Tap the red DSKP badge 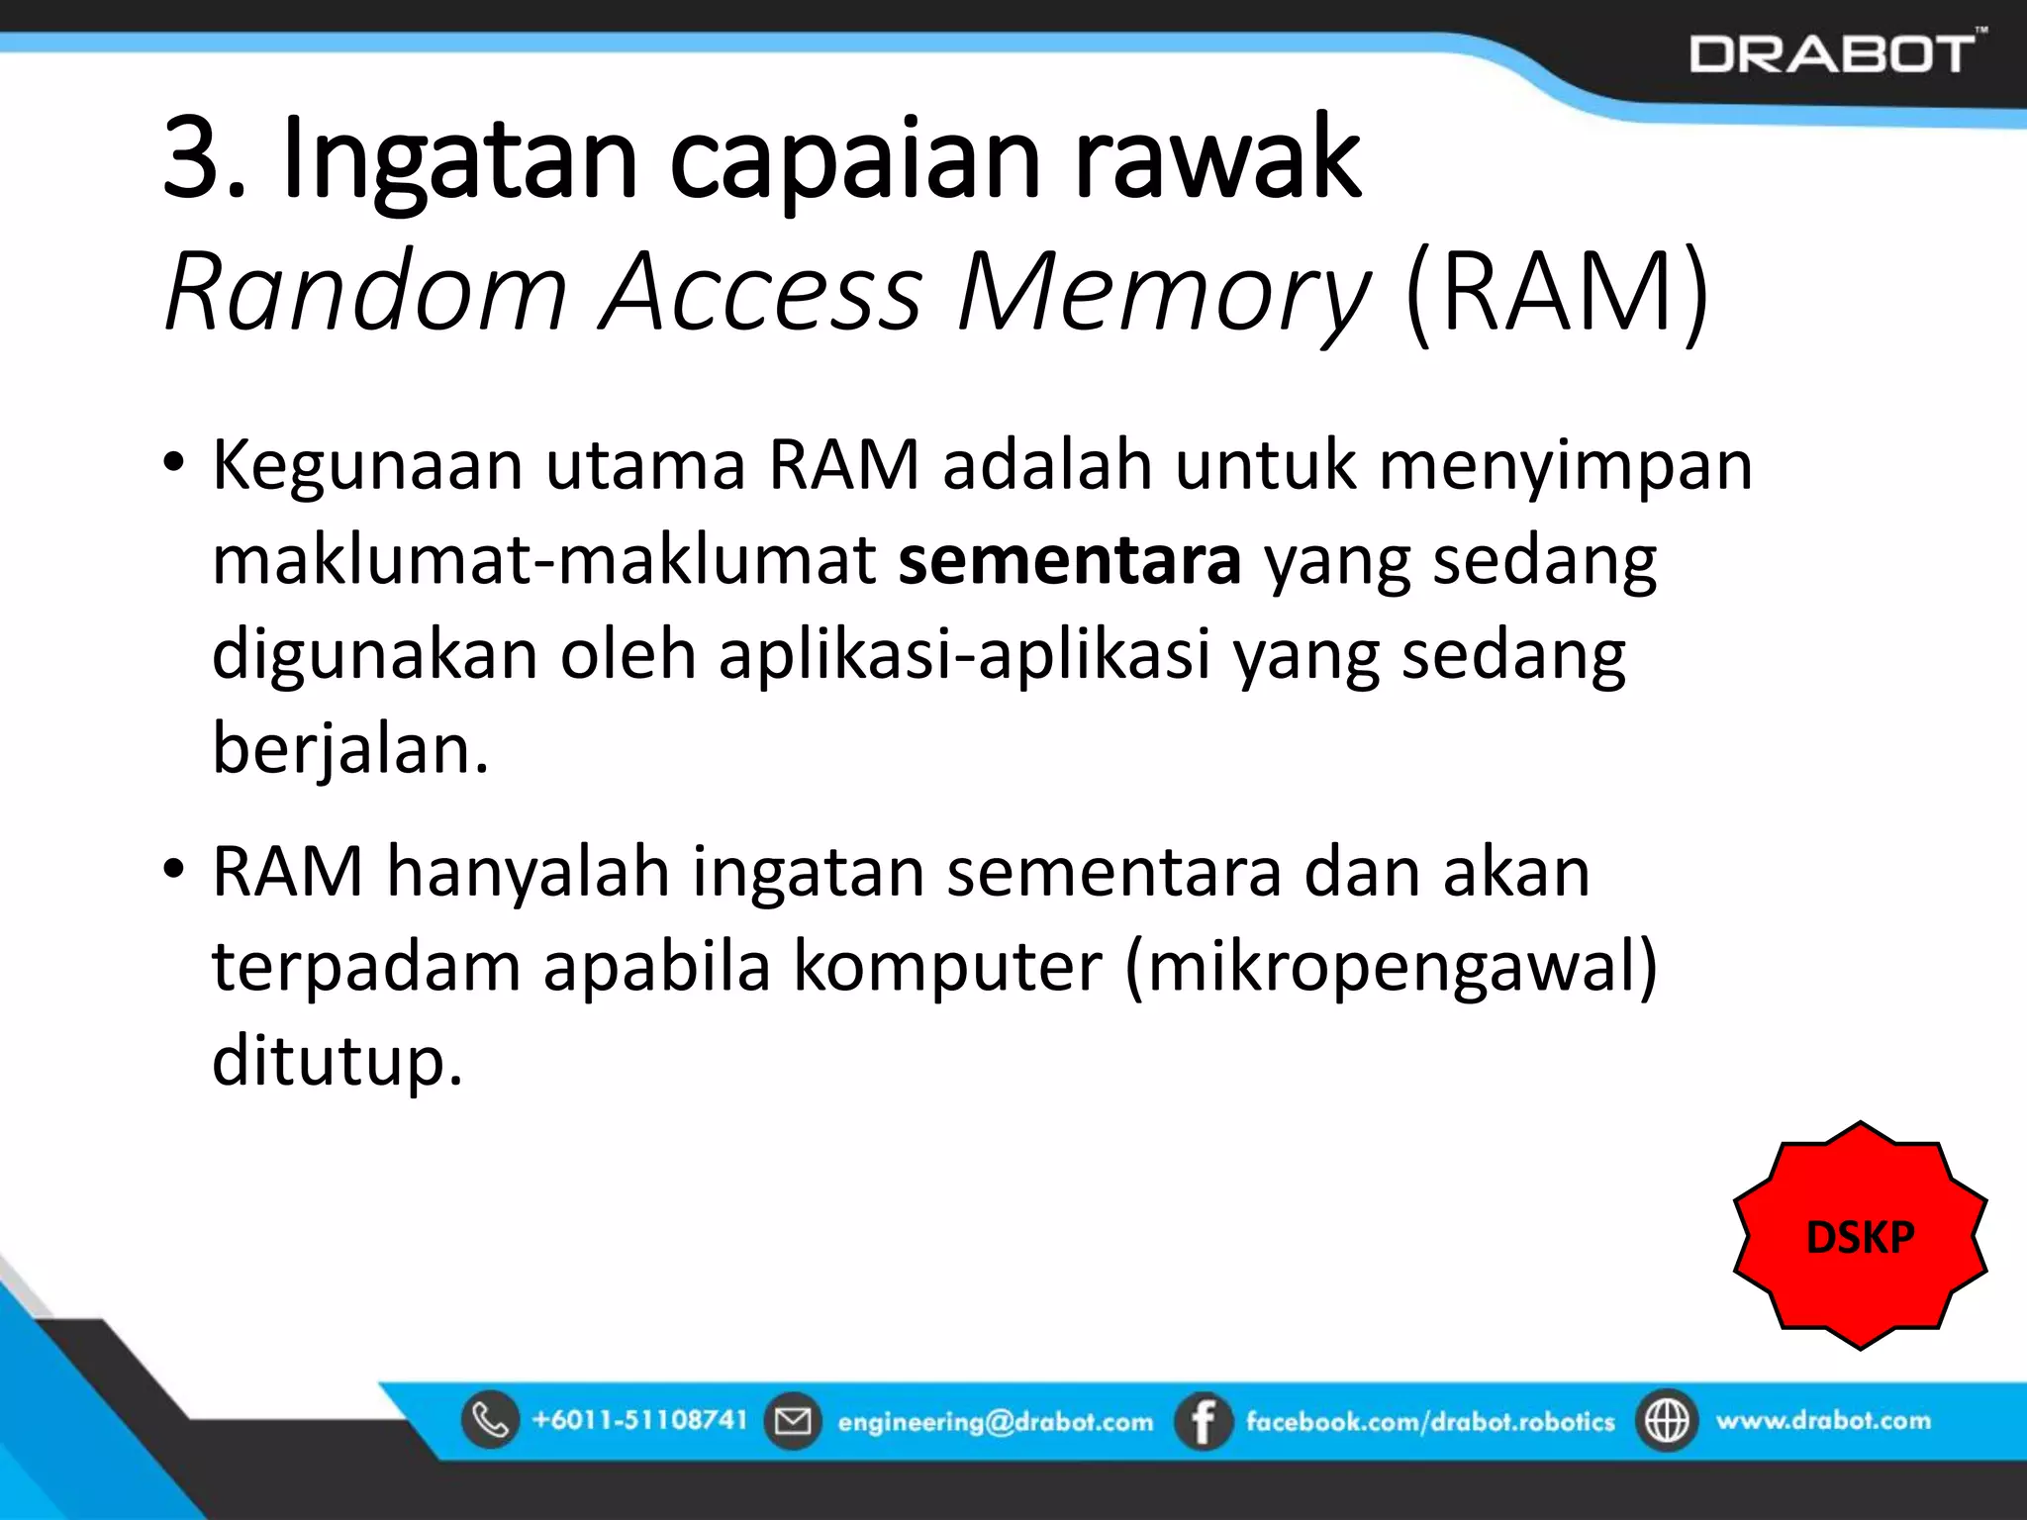(x=1860, y=1236)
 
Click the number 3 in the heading (x=192, y=158)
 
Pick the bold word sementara (x=1069, y=560)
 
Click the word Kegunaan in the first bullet (x=367, y=465)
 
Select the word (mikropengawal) (x=1391, y=966)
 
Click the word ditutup (x=337, y=1061)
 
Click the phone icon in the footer (x=490, y=1420)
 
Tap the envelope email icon (x=793, y=1421)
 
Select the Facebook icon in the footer (x=1203, y=1421)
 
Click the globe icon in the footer (x=1667, y=1421)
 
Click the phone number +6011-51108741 (x=639, y=1420)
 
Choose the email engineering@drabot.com (x=995, y=1422)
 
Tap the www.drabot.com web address (x=1823, y=1420)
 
